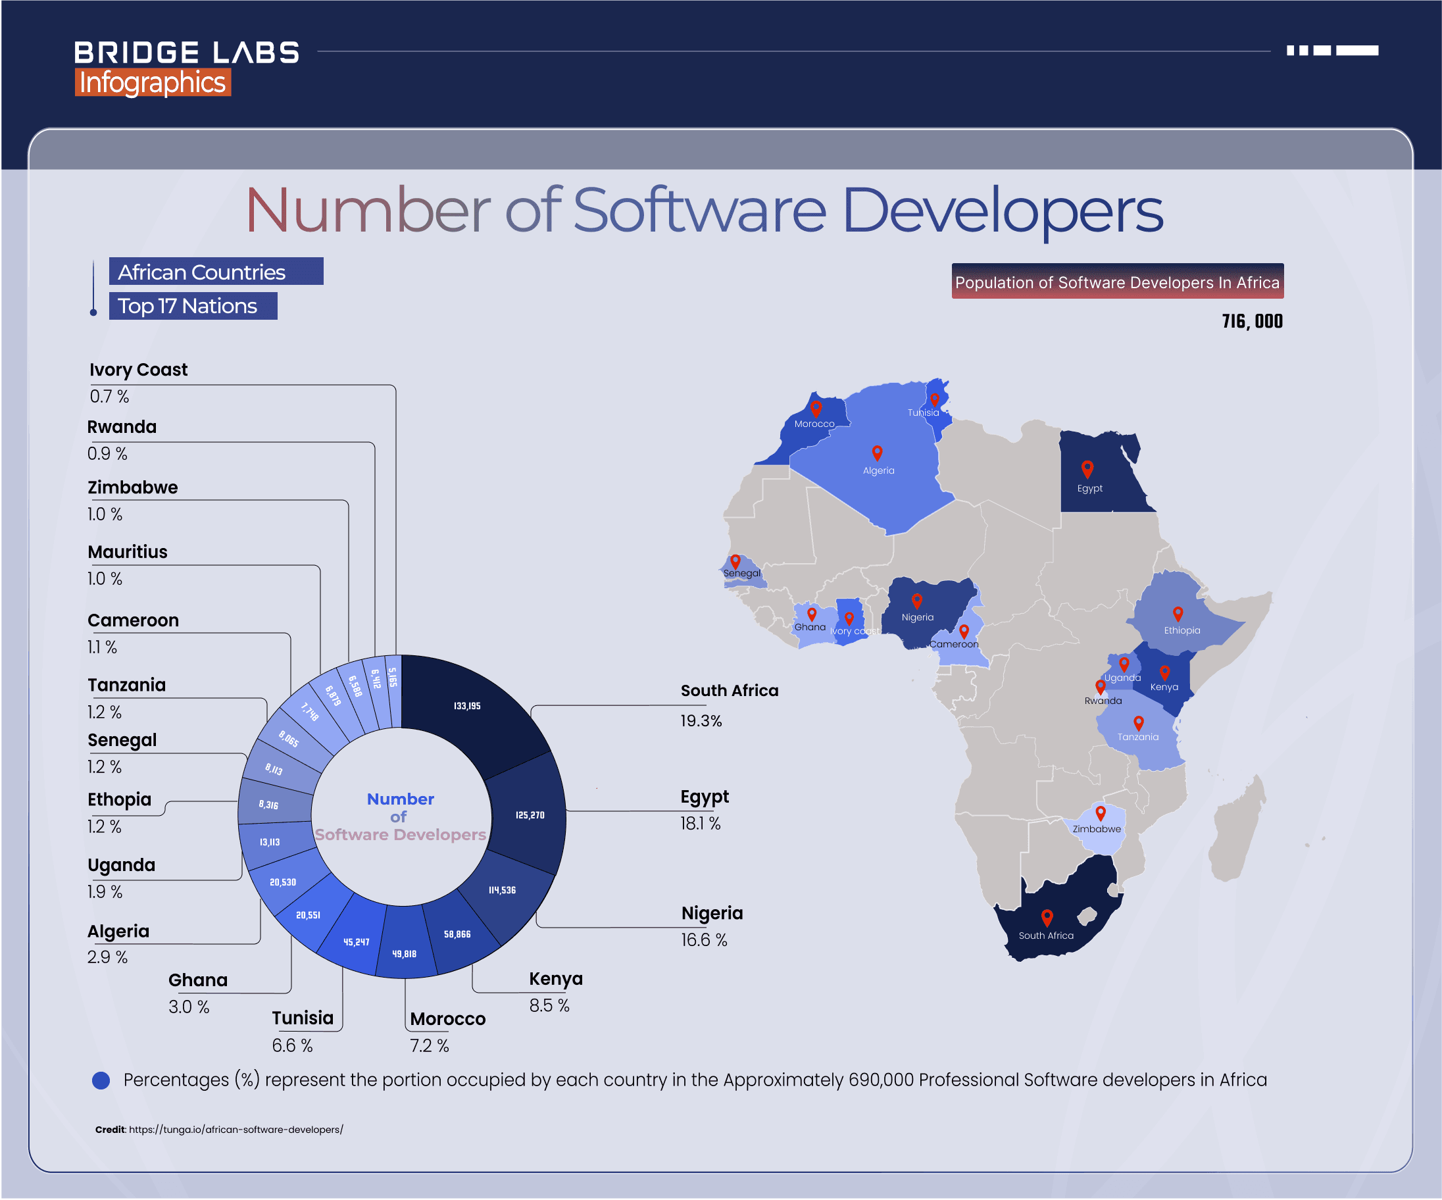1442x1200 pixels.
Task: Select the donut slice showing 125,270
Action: pos(529,814)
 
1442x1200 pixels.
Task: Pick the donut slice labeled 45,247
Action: pos(357,941)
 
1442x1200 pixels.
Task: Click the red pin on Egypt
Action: pos(1087,468)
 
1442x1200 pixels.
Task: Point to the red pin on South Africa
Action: pos(1047,917)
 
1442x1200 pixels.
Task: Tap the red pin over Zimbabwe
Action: pos(1101,813)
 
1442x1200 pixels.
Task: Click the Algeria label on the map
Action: pos(878,470)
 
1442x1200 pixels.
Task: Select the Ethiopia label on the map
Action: pos(1181,630)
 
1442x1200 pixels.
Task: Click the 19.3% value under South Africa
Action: pos(701,720)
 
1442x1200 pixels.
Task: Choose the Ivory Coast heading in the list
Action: pos(138,370)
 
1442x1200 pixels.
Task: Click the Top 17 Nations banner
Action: pos(193,306)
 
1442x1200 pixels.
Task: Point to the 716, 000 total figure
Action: pos(1252,322)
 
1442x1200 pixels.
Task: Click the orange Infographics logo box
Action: pos(153,82)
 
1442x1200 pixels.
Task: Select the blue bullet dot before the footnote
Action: pos(101,1080)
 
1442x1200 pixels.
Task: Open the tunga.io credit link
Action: pos(236,1129)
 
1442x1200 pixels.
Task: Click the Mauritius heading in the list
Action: pos(128,551)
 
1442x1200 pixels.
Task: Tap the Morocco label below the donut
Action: pos(448,1018)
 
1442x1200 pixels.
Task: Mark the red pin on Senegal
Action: pos(735,561)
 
